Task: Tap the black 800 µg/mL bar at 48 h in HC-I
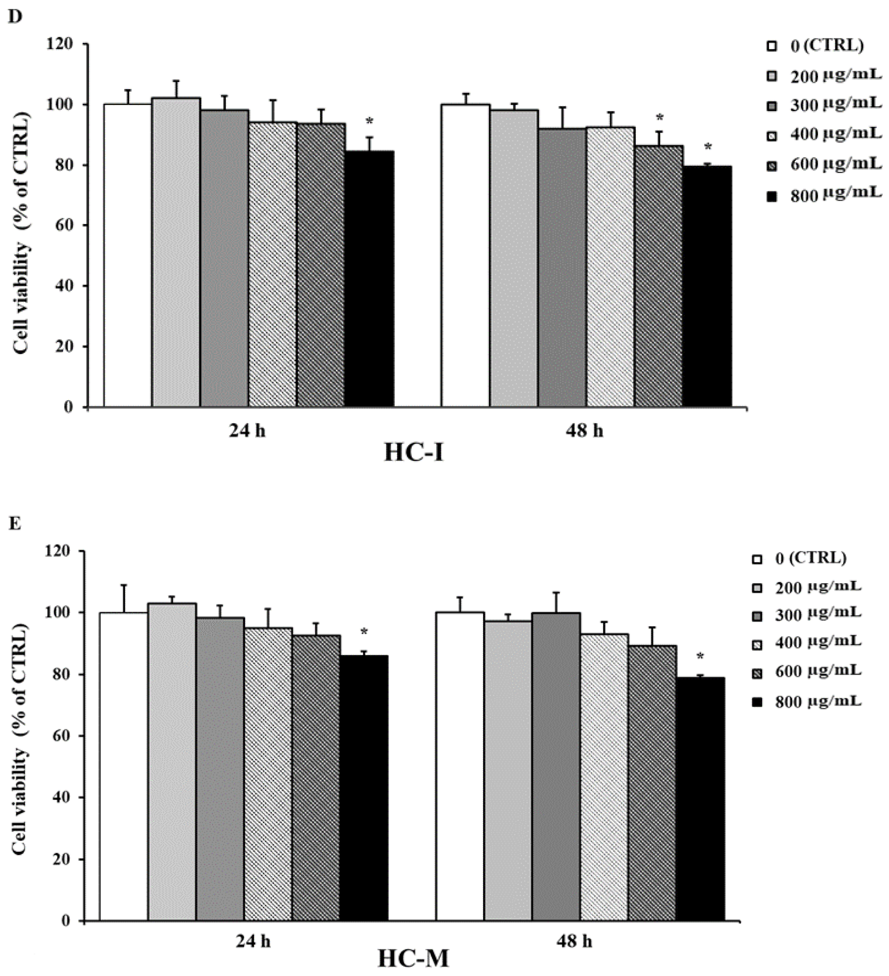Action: tap(706, 286)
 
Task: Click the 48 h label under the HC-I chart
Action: tap(584, 431)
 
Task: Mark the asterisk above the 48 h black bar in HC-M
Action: tap(700, 657)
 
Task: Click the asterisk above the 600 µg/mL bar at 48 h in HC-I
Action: tap(659, 117)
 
